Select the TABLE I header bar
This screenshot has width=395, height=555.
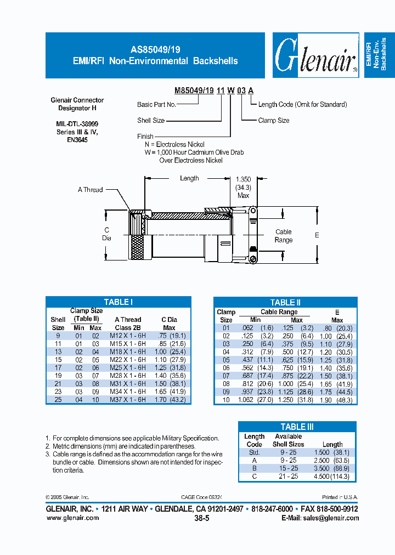point(118,302)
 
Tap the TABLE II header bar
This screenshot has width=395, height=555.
point(285,302)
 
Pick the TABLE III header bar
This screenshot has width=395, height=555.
point(297,426)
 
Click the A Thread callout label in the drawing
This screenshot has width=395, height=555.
point(90,190)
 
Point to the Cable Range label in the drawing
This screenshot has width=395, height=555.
point(284,236)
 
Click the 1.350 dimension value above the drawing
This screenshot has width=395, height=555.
point(243,179)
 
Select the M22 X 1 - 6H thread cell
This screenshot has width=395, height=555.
point(128,359)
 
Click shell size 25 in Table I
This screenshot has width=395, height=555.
point(58,400)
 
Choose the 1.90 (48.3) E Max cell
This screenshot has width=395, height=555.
point(337,400)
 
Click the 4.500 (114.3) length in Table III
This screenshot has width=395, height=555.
point(332,477)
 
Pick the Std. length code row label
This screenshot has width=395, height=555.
point(254,452)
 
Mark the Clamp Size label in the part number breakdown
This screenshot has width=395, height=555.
point(274,121)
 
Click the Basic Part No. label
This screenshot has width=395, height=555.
point(156,105)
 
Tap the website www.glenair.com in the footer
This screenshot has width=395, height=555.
point(72,518)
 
